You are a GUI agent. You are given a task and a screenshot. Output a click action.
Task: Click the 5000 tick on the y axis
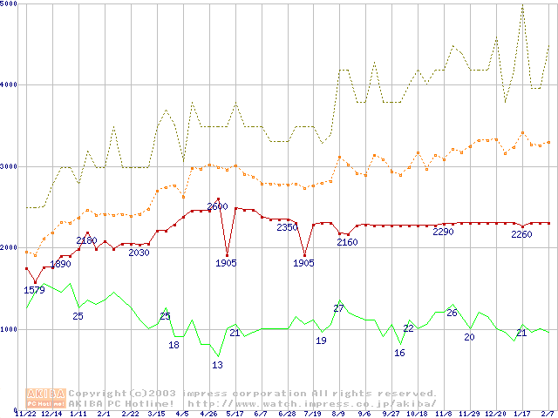pyautogui.click(x=10, y=4)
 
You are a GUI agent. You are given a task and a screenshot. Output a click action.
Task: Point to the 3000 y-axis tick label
pyautogui.click(x=10, y=165)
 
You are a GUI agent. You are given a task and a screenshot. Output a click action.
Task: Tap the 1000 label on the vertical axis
pyautogui.click(x=10, y=329)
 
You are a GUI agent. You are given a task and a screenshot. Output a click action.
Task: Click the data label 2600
pyautogui.click(x=217, y=206)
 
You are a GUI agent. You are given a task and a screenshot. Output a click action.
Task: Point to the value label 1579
pyautogui.click(x=33, y=290)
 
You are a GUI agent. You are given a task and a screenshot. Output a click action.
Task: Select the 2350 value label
pyautogui.click(x=287, y=227)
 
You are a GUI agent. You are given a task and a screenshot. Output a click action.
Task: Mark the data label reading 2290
pyautogui.click(x=443, y=232)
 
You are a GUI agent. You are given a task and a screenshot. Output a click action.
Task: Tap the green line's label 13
pyautogui.click(x=217, y=365)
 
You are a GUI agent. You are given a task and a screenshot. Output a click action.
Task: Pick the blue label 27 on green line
pyautogui.click(x=339, y=308)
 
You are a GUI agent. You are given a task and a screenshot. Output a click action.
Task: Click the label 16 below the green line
pyautogui.click(x=399, y=353)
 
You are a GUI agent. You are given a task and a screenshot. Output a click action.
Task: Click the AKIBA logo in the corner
pyautogui.click(x=45, y=398)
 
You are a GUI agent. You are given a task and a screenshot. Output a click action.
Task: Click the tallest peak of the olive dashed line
pyautogui.click(x=522, y=6)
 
